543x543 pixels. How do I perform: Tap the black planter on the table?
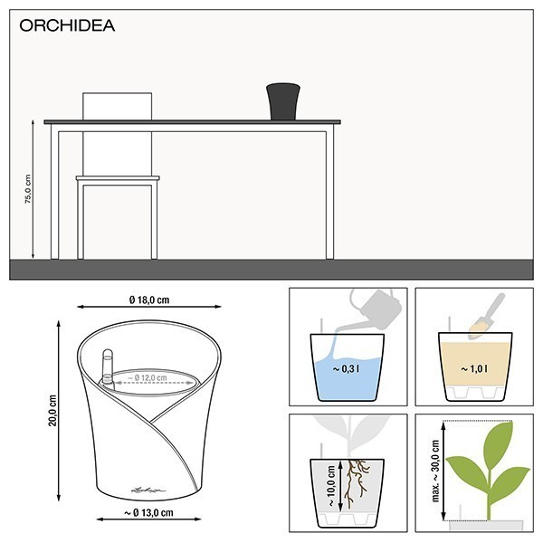coord(283,100)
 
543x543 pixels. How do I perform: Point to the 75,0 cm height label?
coord(27,190)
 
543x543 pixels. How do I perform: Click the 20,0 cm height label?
coord(52,409)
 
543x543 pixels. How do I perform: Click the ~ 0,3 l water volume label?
coord(348,369)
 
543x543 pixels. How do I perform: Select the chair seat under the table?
coord(118,178)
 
